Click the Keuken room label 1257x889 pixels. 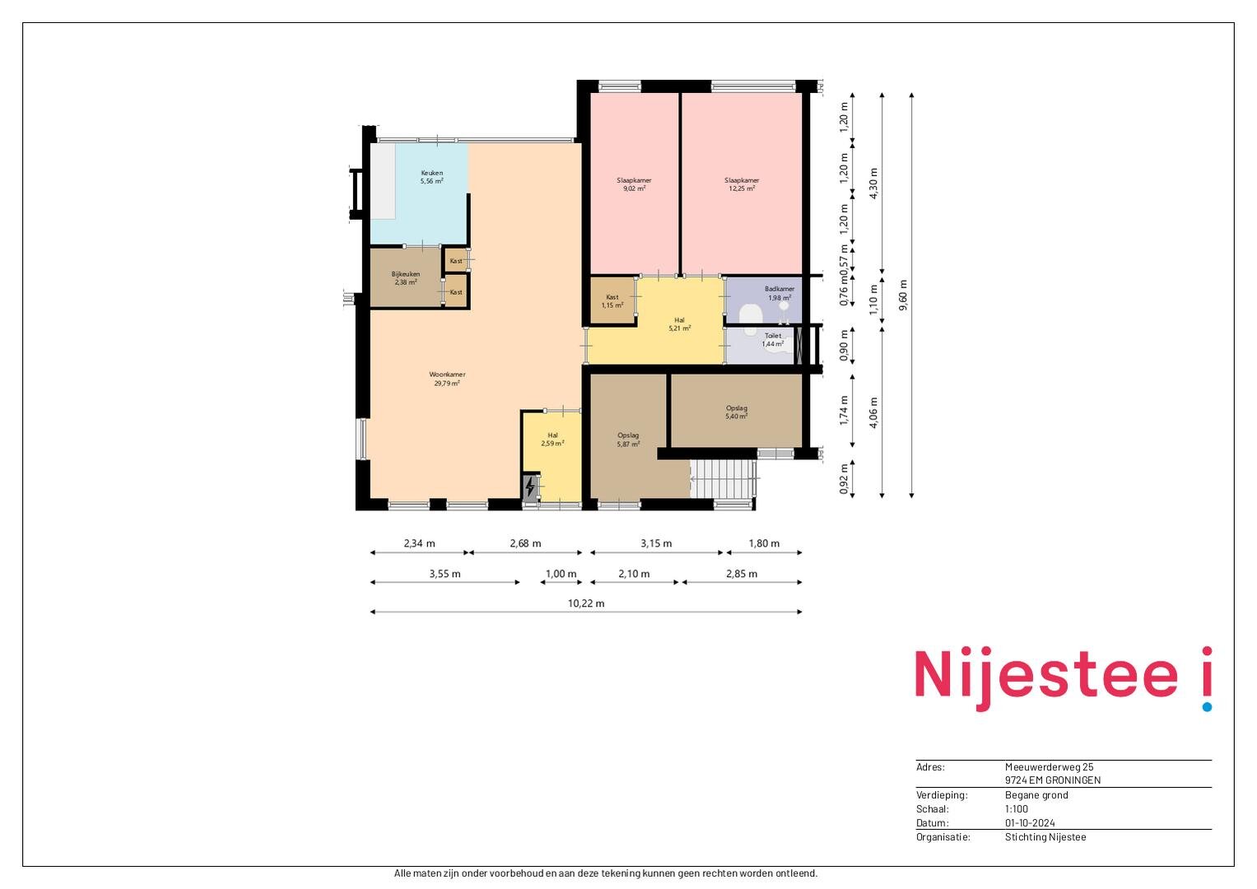pos(431,177)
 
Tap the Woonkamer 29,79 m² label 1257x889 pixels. pos(447,379)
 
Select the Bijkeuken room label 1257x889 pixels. pos(406,278)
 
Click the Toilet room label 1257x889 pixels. pos(773,339)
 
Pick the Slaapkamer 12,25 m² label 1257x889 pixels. pos(742,184)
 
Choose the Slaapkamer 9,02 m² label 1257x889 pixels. pos(634,184)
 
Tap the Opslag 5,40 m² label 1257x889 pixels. pos(736,412)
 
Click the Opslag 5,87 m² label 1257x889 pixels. pos(628,440)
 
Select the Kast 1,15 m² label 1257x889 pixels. pos(612,301)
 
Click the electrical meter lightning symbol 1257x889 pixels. pos(530,486)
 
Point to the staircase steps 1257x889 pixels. pos(723,479)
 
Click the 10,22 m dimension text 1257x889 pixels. pos(586,603)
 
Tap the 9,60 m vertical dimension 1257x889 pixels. pos(903,296)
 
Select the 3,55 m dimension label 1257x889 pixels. pos(445,574)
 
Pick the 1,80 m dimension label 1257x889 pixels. pos(764,543)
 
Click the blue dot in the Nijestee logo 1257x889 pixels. pos(1207,706)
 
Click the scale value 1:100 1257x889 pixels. pos(1017,808)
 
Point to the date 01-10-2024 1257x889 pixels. pos(1030,823)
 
